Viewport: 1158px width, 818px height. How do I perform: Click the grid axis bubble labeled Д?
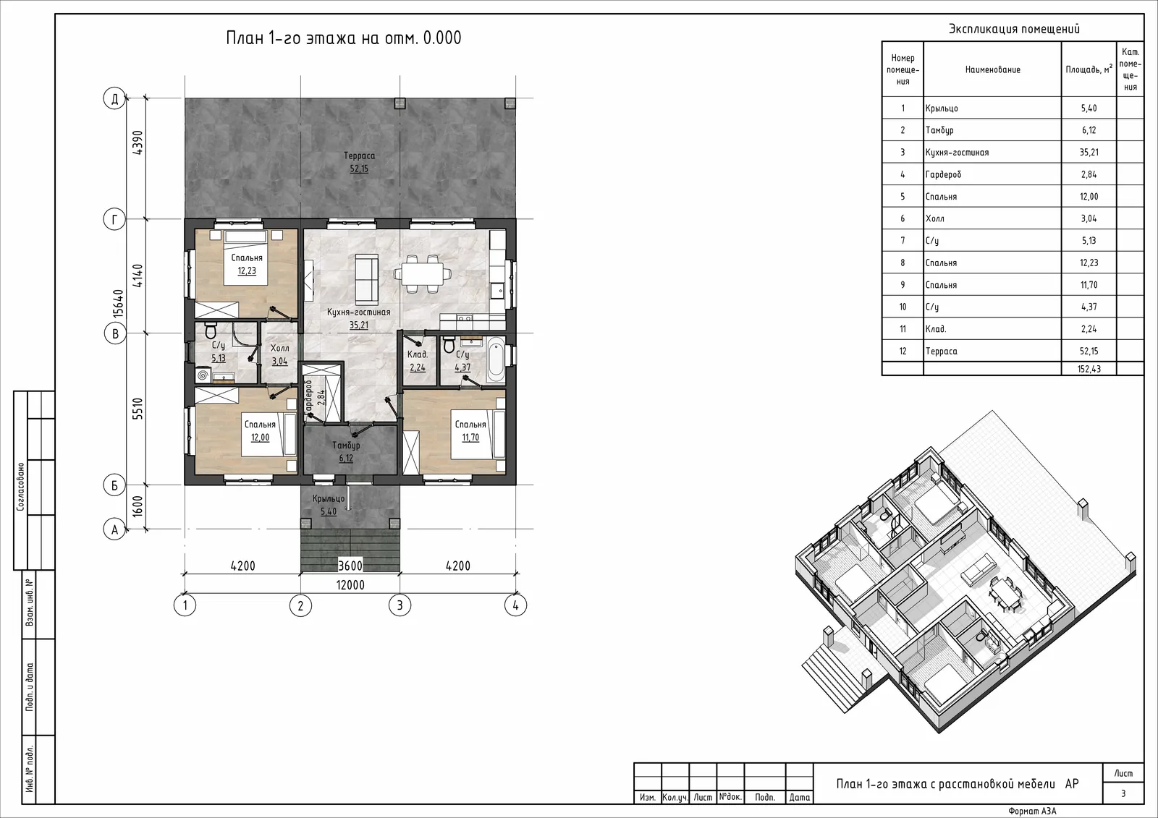click(x=115, y=98)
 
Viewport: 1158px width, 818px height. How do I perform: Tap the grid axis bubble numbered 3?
click(x=400, y=605)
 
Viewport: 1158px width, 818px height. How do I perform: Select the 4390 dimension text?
click(x=138, y=142)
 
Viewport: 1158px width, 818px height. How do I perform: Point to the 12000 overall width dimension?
click(x=350, y=585)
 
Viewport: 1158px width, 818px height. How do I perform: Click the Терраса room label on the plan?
click(x=359, y=155)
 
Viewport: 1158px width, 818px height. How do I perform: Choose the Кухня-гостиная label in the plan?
click(x=359, y=312)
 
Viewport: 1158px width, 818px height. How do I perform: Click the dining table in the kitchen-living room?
click(x=423, y=273)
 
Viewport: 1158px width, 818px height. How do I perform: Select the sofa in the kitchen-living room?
click(x=367, y=279)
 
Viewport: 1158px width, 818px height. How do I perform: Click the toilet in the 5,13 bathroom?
click(x=211, y=330)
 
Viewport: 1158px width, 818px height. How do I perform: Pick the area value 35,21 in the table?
click(x=1089, y=153)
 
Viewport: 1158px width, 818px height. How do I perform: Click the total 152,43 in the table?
click(x=1089, y=369)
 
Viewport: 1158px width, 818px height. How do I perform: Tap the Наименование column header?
click(x=992, y=69)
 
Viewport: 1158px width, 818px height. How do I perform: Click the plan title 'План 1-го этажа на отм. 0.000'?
click(x=344, y=38)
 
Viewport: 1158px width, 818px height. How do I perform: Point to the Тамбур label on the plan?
click(x=346, y=446)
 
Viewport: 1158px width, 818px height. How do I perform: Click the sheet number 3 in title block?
click(x=1123, y=793)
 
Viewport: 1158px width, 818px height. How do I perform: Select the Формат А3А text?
click(x=1032, y=811)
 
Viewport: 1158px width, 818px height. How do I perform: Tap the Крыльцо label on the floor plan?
click(x=329, y=498)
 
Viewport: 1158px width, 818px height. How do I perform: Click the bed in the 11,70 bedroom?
click(x=478, y=434)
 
